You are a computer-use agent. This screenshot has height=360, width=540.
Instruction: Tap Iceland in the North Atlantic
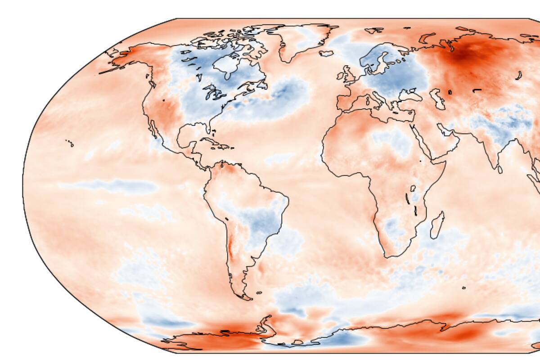coord(326,53)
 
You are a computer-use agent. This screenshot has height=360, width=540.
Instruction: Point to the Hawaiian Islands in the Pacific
coord(70,143)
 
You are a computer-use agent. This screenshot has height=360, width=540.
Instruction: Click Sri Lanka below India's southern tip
coord(500,170)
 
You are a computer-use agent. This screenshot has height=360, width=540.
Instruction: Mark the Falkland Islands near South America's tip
coord(259,293)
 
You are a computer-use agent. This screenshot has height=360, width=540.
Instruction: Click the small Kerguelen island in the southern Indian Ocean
coord(463,288)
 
